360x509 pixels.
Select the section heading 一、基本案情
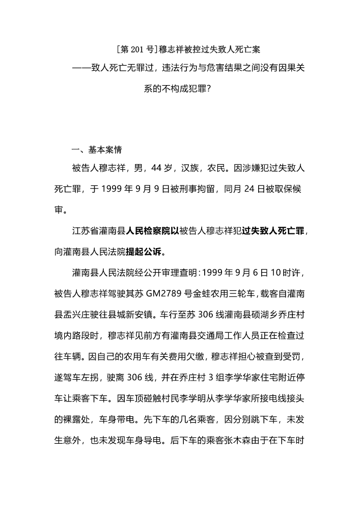point(96,150)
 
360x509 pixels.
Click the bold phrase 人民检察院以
point(151,231)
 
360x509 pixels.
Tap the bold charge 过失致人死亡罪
point(274,231)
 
